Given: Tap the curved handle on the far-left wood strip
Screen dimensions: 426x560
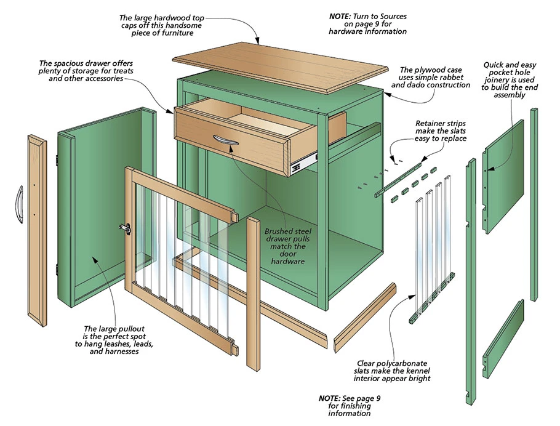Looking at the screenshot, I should pyautogui.click(x=18, y=203).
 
